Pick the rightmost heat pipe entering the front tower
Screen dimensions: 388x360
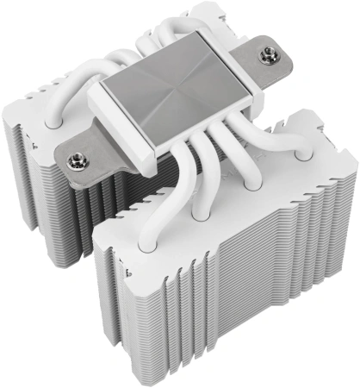tap(302, 154)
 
